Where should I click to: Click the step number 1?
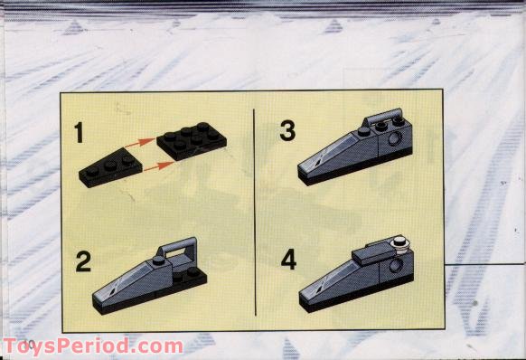tap(80, 135)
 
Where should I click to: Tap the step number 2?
tap(83, 263)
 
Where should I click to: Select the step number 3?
tap(287, 132)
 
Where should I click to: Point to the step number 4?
tap(288, 261)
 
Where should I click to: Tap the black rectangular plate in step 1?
tap(192, 140)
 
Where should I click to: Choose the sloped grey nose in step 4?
tap(334, 281)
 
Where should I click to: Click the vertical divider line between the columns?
tap(256, 208)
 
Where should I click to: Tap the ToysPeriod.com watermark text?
tap(92, 346)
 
